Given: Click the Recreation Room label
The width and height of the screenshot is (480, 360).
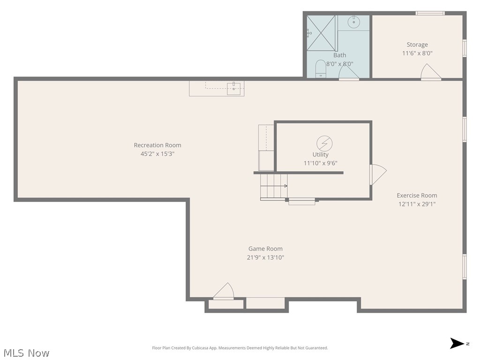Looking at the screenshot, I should coord(157,145).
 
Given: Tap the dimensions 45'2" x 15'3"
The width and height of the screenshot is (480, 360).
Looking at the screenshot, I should coord(157,154).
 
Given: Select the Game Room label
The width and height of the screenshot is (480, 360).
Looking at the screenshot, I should coord(265,249).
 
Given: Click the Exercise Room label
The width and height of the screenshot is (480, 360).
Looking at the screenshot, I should coord(417,195).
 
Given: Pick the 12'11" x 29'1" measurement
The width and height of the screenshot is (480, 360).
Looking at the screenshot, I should coord(417,204).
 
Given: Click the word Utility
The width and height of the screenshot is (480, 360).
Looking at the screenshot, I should coord(321,155).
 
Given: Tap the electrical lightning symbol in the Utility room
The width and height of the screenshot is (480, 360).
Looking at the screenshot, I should coord(324,142).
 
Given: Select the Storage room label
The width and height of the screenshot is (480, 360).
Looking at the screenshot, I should coord(417,45).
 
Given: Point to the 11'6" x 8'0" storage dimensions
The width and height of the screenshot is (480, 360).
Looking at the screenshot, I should coord(417,53).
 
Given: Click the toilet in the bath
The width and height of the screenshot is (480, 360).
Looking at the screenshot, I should coord(321,68).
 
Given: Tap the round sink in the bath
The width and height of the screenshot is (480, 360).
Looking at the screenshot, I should coord(354,22).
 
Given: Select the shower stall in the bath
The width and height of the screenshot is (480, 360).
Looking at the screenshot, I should coord(322,32).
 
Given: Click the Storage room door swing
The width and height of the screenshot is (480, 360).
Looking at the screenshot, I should coord(430,72).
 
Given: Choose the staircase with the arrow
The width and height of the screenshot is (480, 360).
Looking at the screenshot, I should coord(274,186).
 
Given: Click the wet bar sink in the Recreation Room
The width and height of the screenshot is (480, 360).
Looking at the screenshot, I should coord(233,88).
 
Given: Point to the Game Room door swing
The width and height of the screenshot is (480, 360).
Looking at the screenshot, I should coord(224,291).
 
